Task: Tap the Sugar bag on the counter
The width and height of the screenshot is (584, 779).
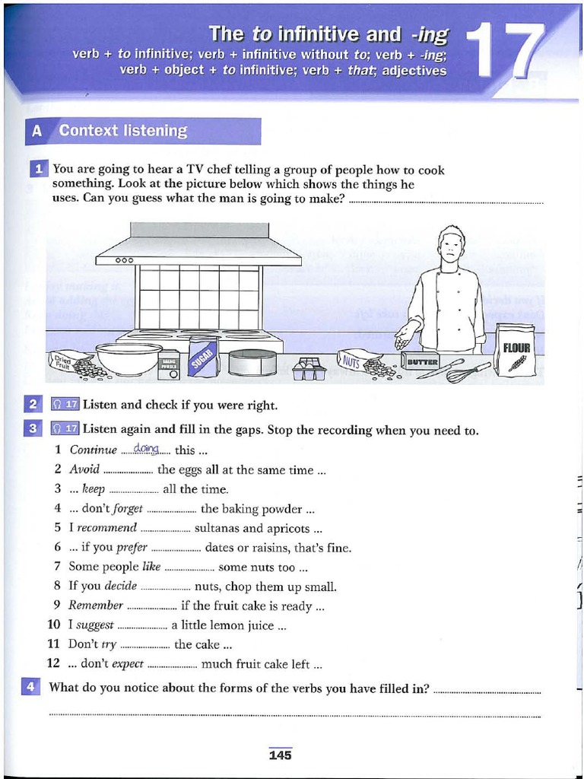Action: point(204,358)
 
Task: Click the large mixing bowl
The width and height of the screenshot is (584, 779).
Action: point(128,358)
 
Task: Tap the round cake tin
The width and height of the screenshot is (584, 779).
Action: point(252,361)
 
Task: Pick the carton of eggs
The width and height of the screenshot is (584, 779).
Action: point(309,369)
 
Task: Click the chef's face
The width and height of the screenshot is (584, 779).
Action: point(451,248)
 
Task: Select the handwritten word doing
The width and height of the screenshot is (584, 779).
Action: point(145,449)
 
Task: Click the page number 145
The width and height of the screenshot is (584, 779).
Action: point(280,755)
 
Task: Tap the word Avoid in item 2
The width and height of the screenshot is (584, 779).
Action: point(84,470)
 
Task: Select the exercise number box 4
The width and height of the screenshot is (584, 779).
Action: point(31,687)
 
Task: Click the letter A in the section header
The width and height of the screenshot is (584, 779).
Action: point(36,131)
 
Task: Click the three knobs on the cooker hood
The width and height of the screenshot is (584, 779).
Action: point(124,259)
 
